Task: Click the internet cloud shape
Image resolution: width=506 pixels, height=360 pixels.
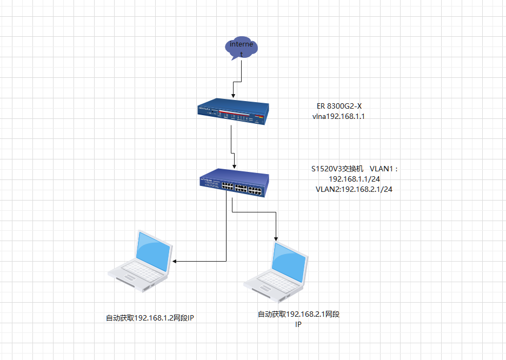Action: (241, 48)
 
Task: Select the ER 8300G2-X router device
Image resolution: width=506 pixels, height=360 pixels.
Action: (233, 111)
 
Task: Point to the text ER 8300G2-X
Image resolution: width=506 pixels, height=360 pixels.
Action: (339, 106)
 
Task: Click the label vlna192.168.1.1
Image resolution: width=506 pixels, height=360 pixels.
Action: (339, 116)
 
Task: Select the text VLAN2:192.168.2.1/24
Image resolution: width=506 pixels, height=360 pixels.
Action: (354, 189)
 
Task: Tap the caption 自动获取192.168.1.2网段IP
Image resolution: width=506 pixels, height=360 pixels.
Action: (150, 318)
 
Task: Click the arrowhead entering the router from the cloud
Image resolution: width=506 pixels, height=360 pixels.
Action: (233, 95)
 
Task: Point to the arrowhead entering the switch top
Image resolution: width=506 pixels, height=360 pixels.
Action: (234, 167)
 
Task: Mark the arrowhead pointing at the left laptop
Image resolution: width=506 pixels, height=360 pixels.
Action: (175, 262)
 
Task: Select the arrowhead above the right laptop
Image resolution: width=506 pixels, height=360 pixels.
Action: (276, 238)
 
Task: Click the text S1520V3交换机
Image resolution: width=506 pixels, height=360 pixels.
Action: (337, 169)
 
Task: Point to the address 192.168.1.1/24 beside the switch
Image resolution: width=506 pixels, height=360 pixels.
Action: (354, 179)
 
